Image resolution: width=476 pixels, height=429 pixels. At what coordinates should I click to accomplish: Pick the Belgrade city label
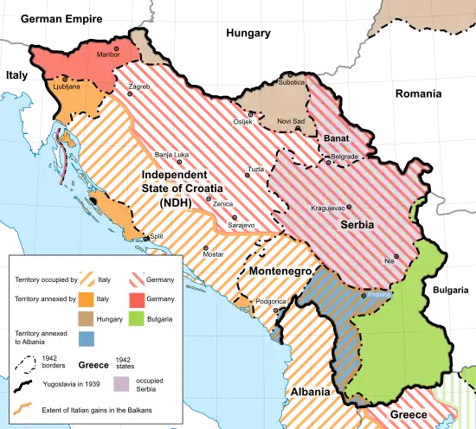click(344, 157)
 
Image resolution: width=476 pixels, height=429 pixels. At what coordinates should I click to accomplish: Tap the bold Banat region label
click(336, 138)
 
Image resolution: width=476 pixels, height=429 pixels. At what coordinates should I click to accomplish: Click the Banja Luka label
click(171, 155)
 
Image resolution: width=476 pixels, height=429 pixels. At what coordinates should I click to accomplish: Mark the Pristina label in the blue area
click(379, 295)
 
